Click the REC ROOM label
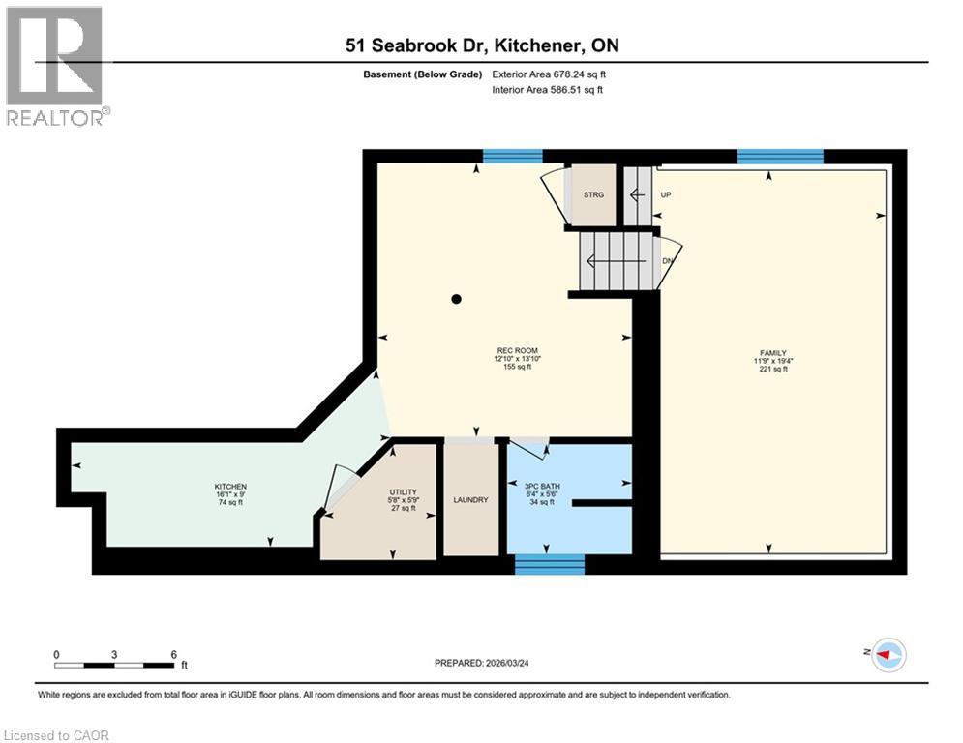point(516,350)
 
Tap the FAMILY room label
point(772,353)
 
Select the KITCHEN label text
point(230,486)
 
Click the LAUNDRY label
point(470,499)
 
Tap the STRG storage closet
point(593,195)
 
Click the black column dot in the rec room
point(457,299)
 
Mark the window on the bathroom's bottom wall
point(549,564)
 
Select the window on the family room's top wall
point(780,157)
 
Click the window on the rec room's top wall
point(512,157)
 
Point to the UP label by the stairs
point(665,194)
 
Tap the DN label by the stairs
point(667,261)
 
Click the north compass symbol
point(888,656)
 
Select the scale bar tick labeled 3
point(114,655)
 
